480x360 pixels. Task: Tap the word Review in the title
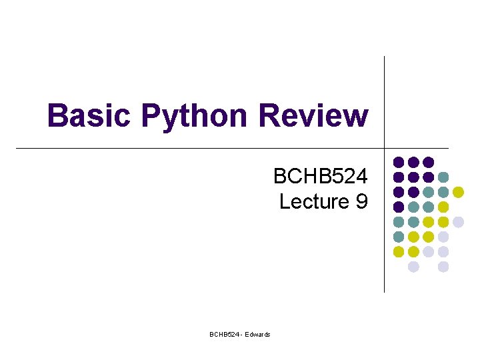point(313,115)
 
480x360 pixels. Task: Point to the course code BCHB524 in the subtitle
point(320,177)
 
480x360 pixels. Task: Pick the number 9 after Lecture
point(361,201)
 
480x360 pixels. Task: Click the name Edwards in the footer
point(258,334)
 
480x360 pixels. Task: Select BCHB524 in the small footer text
point(223,334)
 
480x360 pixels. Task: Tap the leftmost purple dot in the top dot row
point(399,162)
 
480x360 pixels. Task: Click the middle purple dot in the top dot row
point(413,162)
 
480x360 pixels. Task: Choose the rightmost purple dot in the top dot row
point(429,162)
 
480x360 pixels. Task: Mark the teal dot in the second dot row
point(443,177)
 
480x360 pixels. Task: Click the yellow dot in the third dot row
point(458,192)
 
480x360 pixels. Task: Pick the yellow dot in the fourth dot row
point(443,207)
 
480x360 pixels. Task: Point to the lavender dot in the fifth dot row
point(458,222)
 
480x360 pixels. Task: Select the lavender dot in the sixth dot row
point(443,237)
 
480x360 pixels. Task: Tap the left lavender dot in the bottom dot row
point(413,267)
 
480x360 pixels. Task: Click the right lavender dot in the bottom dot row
point(443,267)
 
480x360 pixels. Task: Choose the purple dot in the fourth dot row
point(399,207)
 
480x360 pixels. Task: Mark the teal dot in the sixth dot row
point(399,237)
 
